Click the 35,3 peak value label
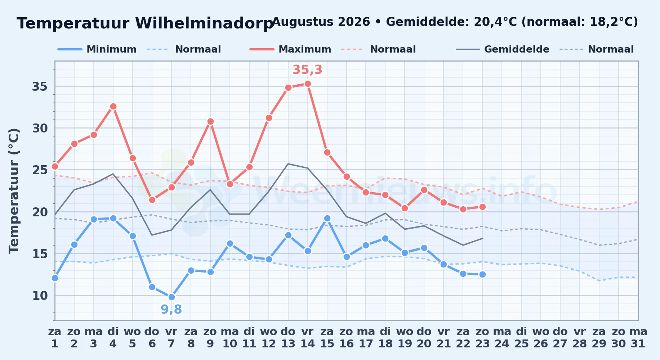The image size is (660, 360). click(x=307, y=70)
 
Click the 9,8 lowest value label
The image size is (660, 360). click(x=171, y=309)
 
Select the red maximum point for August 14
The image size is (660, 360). click(x=308, y=84)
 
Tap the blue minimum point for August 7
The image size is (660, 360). click(x=171, y=297)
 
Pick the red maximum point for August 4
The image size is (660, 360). click(x=113, y=107)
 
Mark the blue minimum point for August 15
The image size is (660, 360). click(x=327, y=218)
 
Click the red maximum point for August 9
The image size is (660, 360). click(x=210, y=122)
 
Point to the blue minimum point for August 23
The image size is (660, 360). click(x=482, y=274)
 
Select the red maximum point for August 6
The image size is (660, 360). click(x=152, y=200)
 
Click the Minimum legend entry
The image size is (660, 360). click(x=97, y=49)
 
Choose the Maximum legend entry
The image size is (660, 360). click(x=290, y=49)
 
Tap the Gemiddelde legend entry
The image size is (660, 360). click(x=503, y=49)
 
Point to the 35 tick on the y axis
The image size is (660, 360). click(x=40, y=86)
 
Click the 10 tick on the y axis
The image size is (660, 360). click(x=40, y=296)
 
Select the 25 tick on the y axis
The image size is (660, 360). click(x=40, y=170)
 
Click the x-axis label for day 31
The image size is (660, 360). click(x=638, y=338)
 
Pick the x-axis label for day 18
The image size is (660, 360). click(x=385, y=338)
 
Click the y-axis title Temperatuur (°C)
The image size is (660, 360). click(x=14, y=191)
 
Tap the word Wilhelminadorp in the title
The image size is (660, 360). click(x=204, y=23)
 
